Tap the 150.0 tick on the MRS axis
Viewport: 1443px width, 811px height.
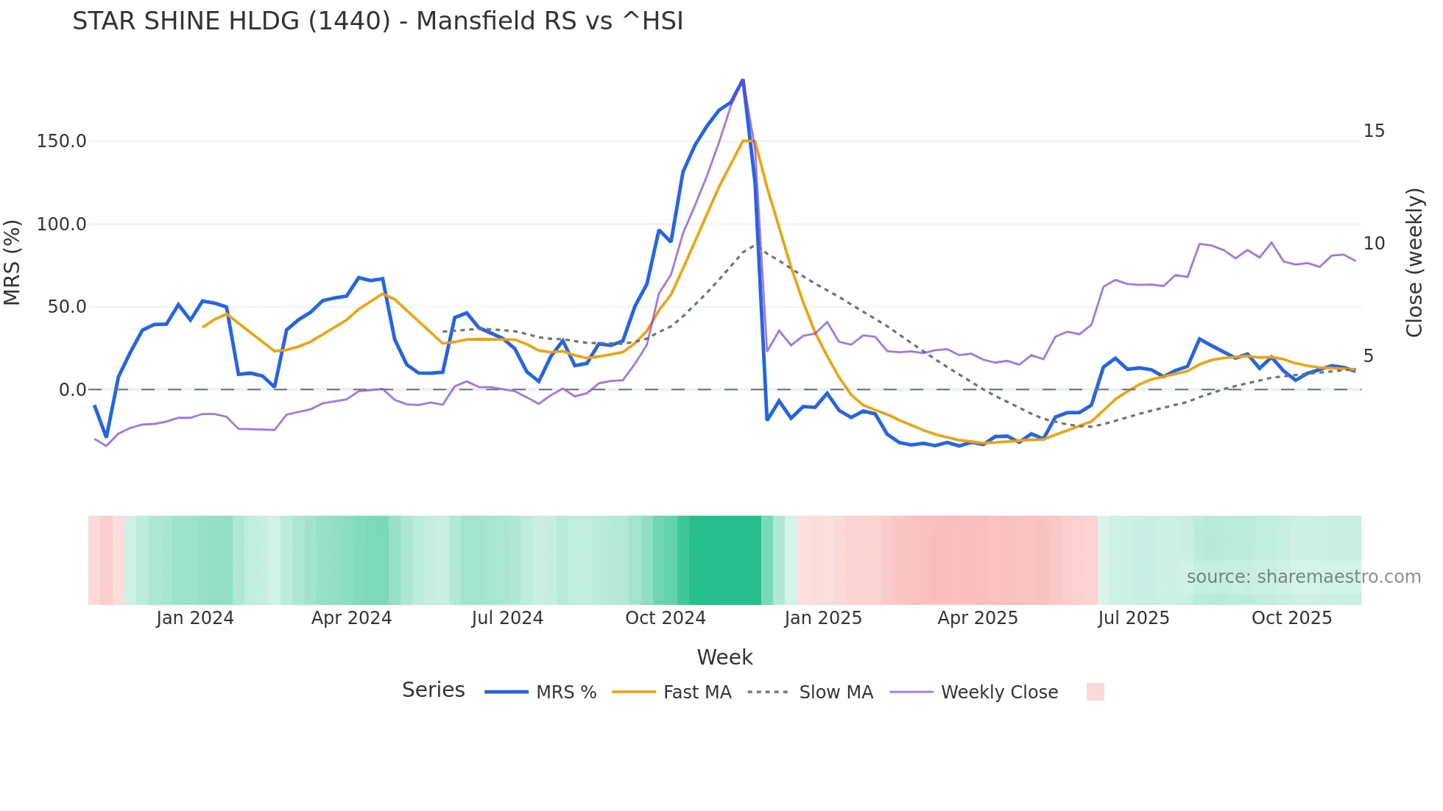(61, 141)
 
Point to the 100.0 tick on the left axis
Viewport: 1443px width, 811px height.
(61, 224)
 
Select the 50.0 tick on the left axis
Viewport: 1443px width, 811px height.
(66, 307)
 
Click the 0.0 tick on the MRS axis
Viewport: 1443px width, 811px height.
(72, 390)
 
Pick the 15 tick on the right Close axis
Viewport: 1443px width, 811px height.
(1374, 131)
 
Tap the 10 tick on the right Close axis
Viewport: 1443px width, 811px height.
(1374, 244)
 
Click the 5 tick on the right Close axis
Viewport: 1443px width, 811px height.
(1369, 356)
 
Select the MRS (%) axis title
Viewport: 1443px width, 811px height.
(13, 263)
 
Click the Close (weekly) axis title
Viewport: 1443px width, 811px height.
(1414, 263)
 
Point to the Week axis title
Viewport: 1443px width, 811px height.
(724, 657)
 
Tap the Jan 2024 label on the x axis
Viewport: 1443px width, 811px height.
(194, 618)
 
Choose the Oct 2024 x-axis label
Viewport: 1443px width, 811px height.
(665, 618)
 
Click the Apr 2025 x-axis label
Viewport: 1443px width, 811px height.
(977, 618)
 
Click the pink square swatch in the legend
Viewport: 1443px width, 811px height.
(1095, 692)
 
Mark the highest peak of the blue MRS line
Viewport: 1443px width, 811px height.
(742, 79)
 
